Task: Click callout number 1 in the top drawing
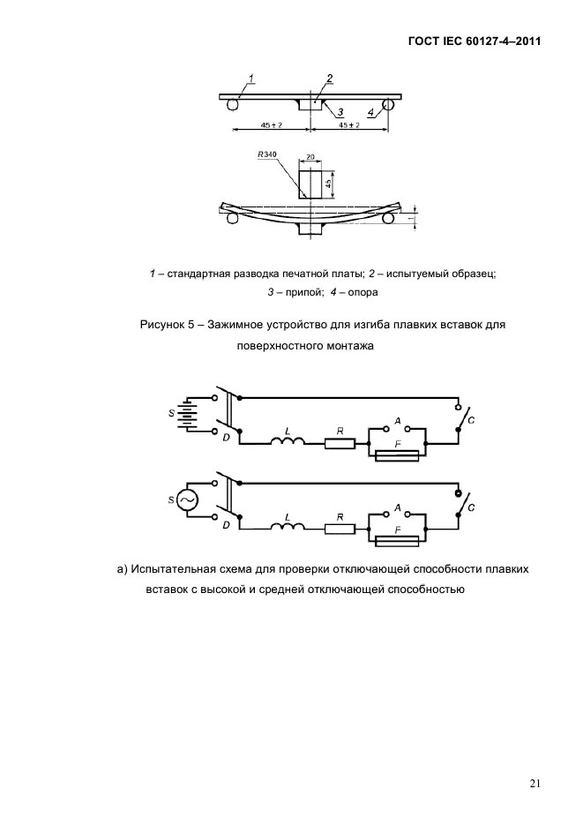[251, 79]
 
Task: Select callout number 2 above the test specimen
[328, 79]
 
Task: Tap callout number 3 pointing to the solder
[339, 112]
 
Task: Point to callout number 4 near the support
[370, 112]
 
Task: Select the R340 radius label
[266, 154]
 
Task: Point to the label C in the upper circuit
[471, 421]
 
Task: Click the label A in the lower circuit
[399, 508]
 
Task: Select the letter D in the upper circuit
[226, 437]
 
